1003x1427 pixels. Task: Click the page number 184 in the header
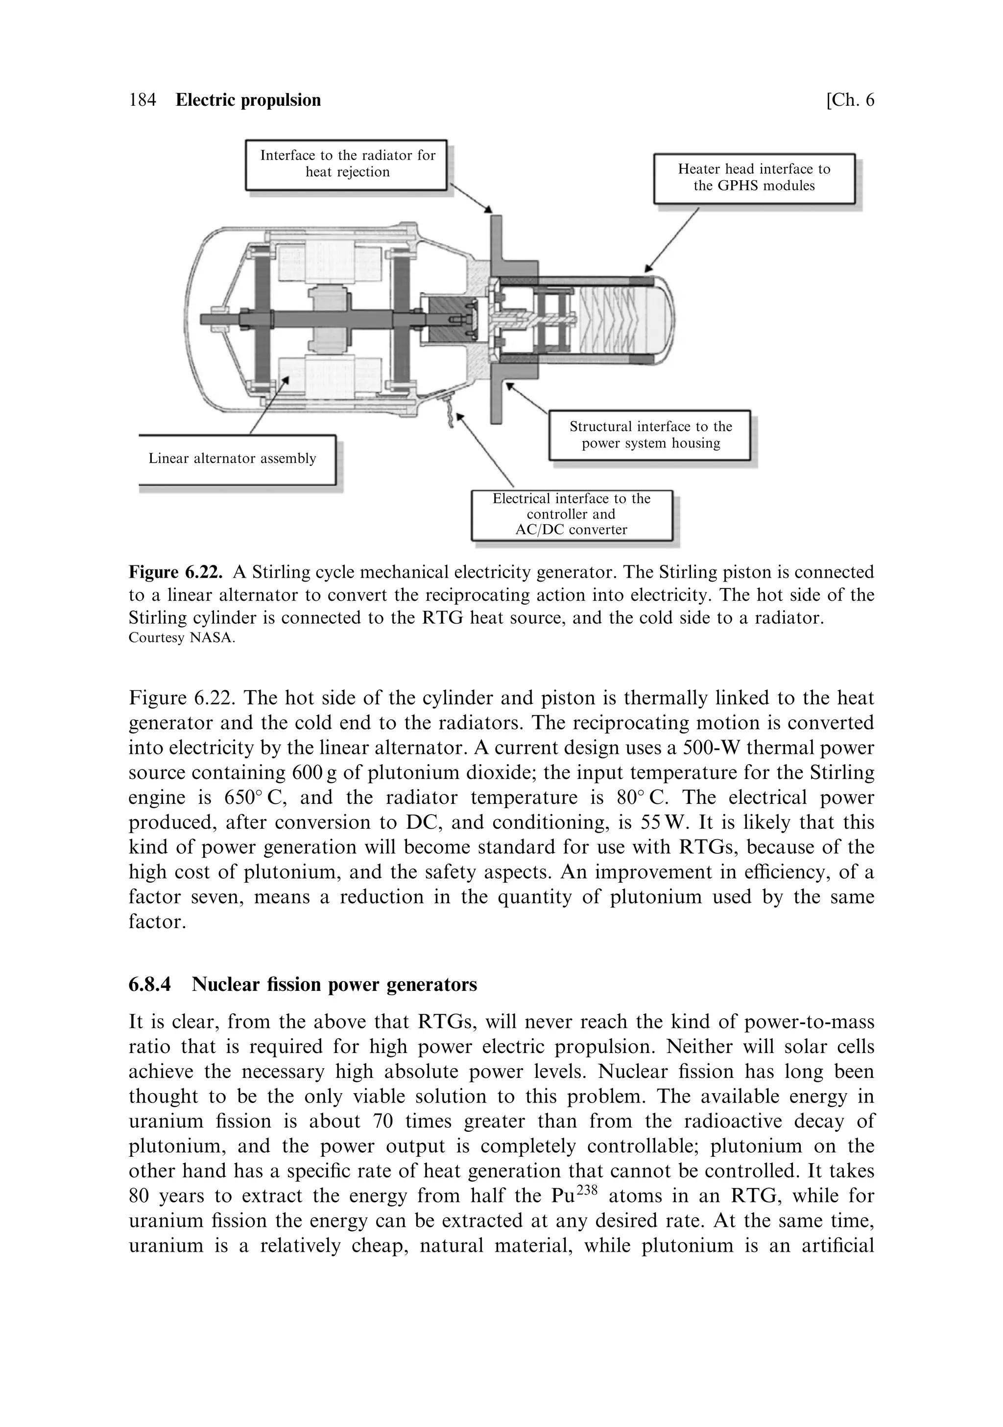[143, 100]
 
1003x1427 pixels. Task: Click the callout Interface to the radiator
[347, 164]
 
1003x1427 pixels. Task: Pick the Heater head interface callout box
[754, 178]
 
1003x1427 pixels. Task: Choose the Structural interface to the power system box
[650, 435]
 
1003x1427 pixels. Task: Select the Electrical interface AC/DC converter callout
[571, 515]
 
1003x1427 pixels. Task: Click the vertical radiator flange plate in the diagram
[496, 320]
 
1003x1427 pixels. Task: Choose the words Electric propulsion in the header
[248, 100]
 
